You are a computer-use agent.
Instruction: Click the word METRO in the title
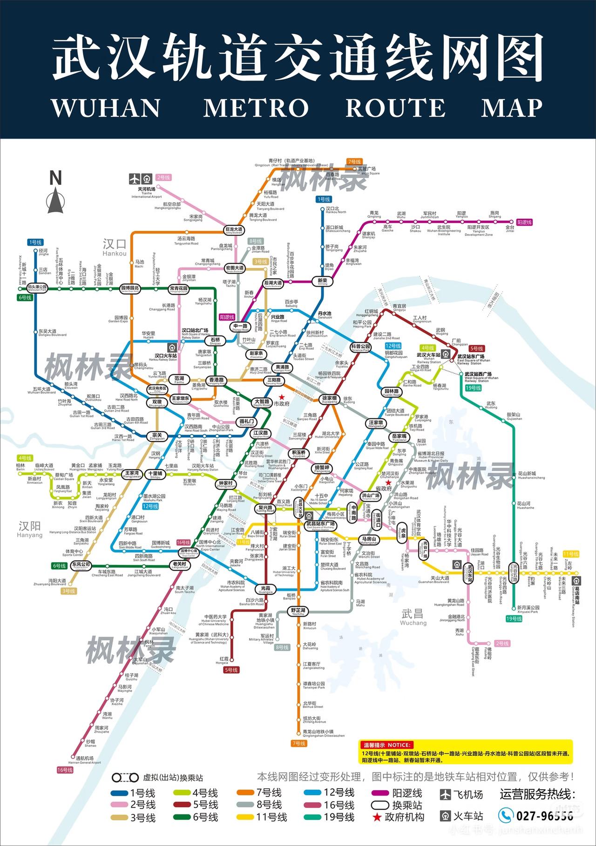256,107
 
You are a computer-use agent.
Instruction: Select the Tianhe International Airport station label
146,192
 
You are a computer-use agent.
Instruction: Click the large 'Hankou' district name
115,247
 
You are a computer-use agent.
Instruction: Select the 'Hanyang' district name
29,529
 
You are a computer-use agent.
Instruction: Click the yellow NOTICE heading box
385,745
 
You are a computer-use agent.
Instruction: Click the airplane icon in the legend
446,794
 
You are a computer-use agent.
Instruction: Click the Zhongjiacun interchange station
225,483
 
